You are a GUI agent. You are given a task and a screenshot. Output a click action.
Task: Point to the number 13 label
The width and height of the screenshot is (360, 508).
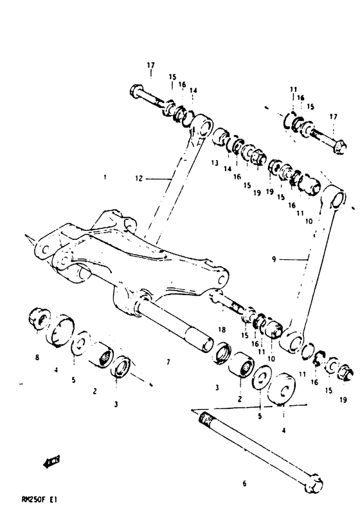click(x=214, y=163)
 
